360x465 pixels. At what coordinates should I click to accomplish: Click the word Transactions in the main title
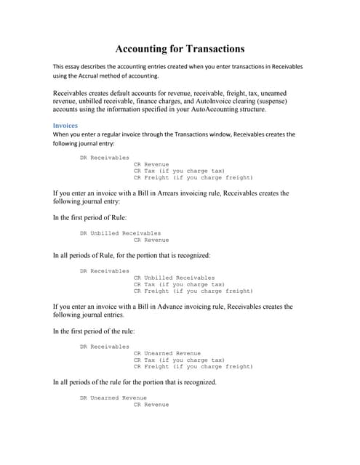209,49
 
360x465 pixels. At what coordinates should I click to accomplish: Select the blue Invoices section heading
65,125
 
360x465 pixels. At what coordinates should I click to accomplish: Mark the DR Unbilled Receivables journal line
120,233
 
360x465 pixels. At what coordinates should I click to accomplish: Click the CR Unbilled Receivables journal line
175,278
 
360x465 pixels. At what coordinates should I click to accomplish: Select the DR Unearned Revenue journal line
113,397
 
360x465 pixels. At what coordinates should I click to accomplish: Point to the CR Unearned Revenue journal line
167,353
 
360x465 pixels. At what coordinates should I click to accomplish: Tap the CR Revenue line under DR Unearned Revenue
151,404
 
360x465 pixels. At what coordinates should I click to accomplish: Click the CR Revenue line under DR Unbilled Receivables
151,240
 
